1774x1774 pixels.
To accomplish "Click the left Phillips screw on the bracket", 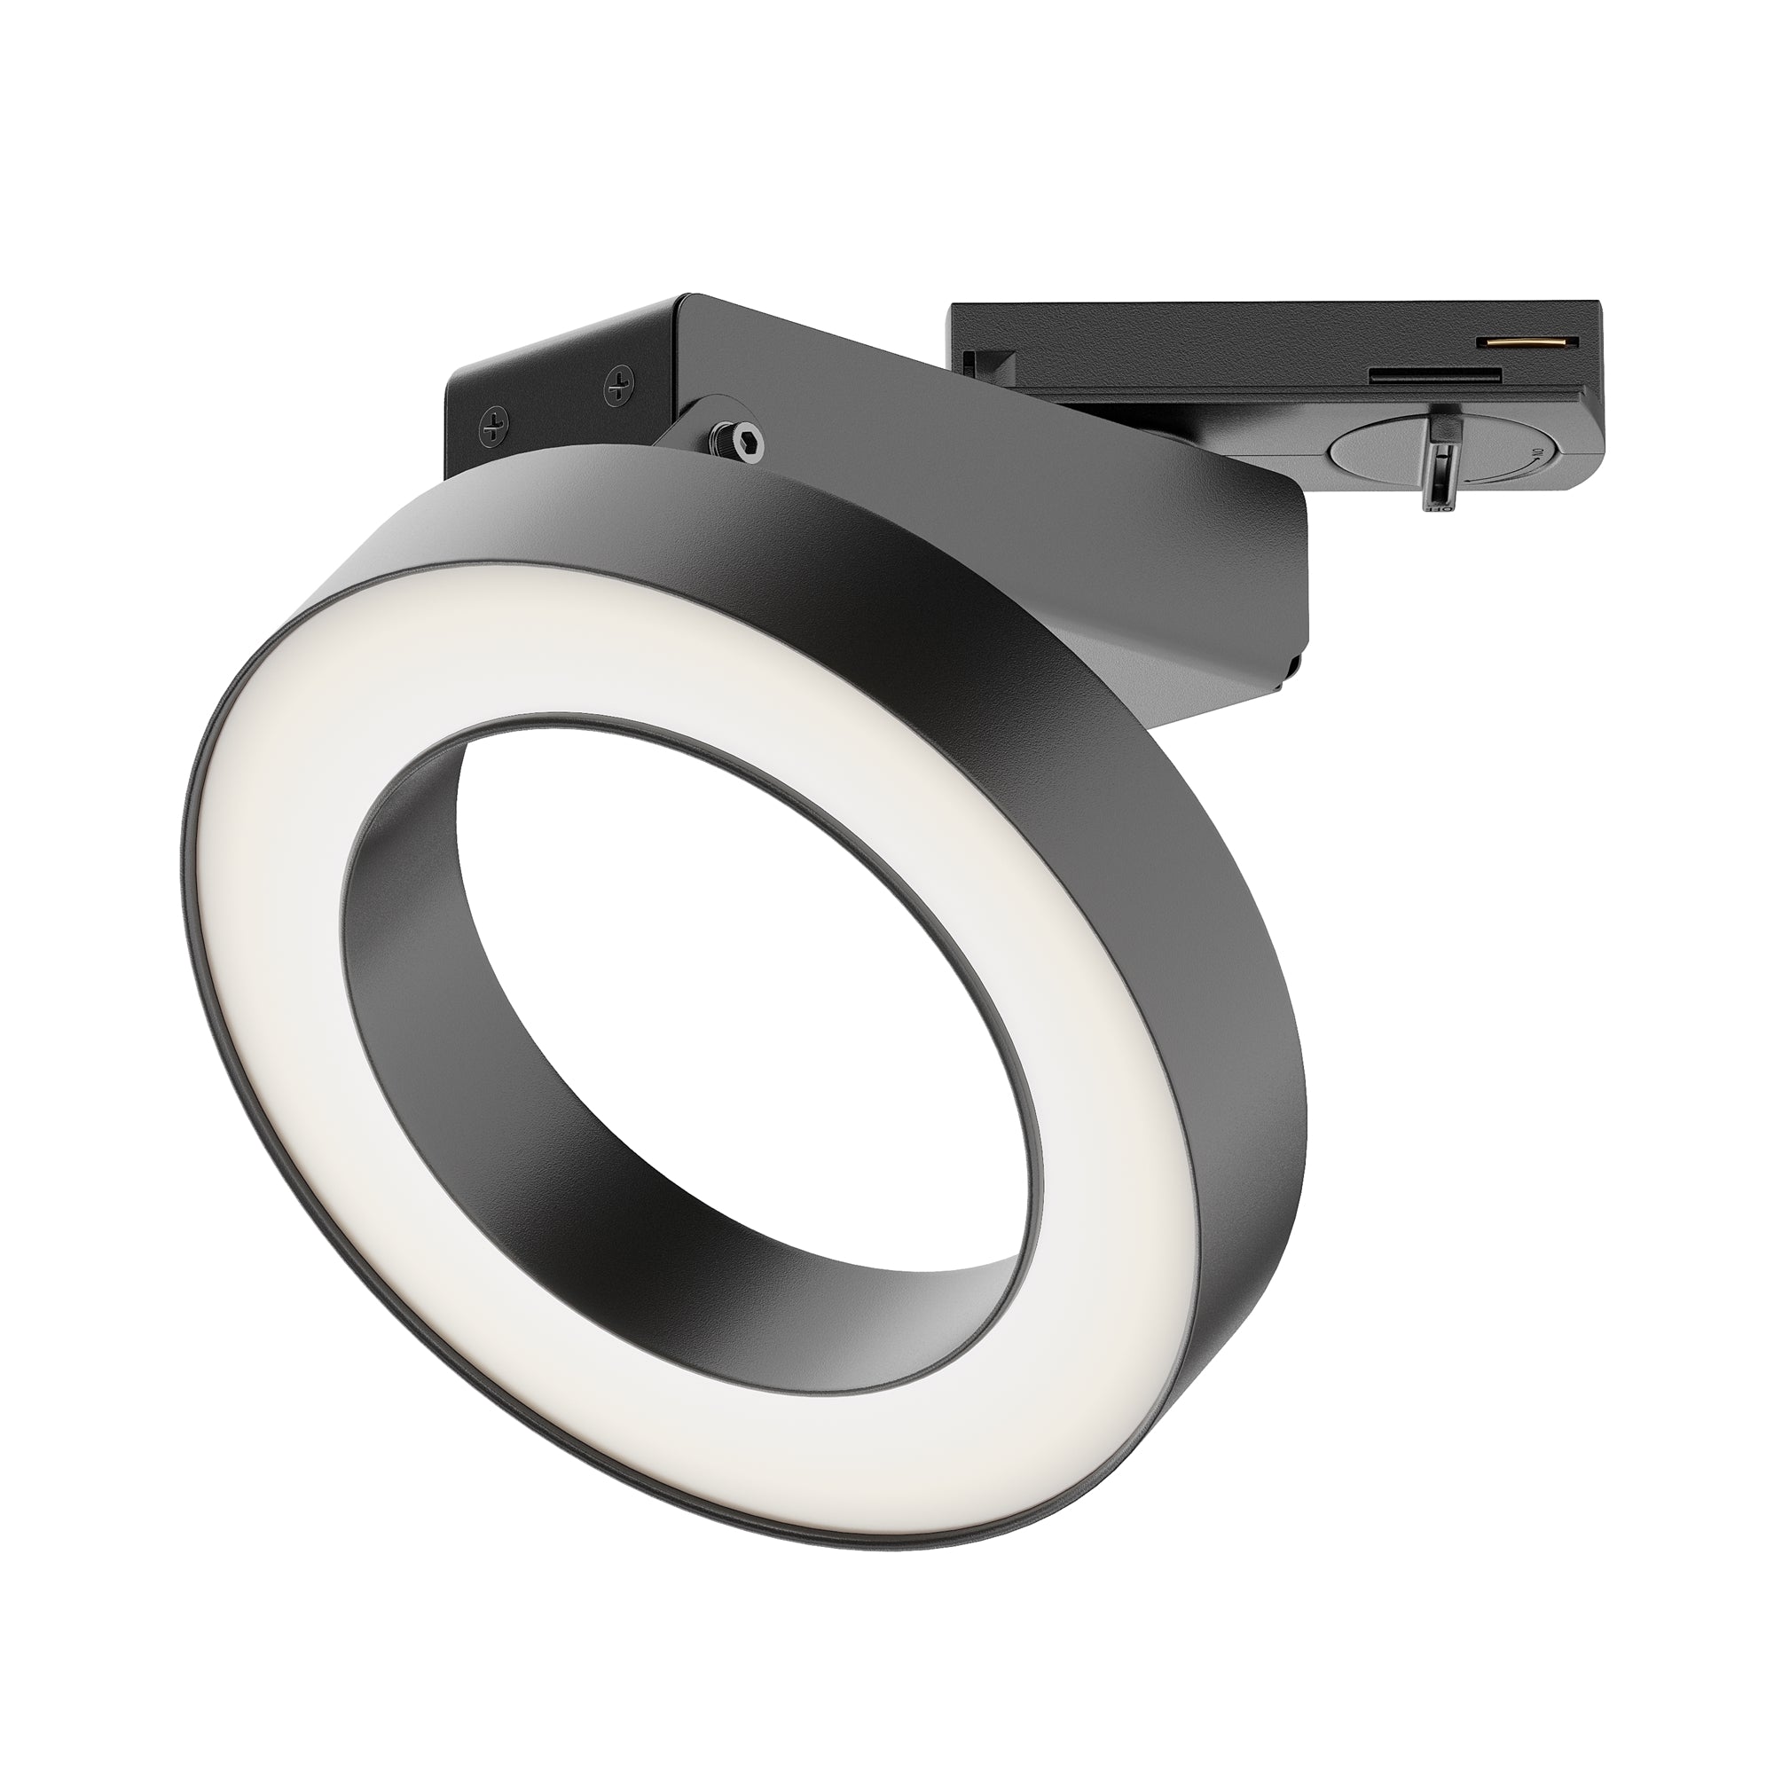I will coord(497,425).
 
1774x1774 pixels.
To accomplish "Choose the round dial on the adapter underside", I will coord(1378,450).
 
